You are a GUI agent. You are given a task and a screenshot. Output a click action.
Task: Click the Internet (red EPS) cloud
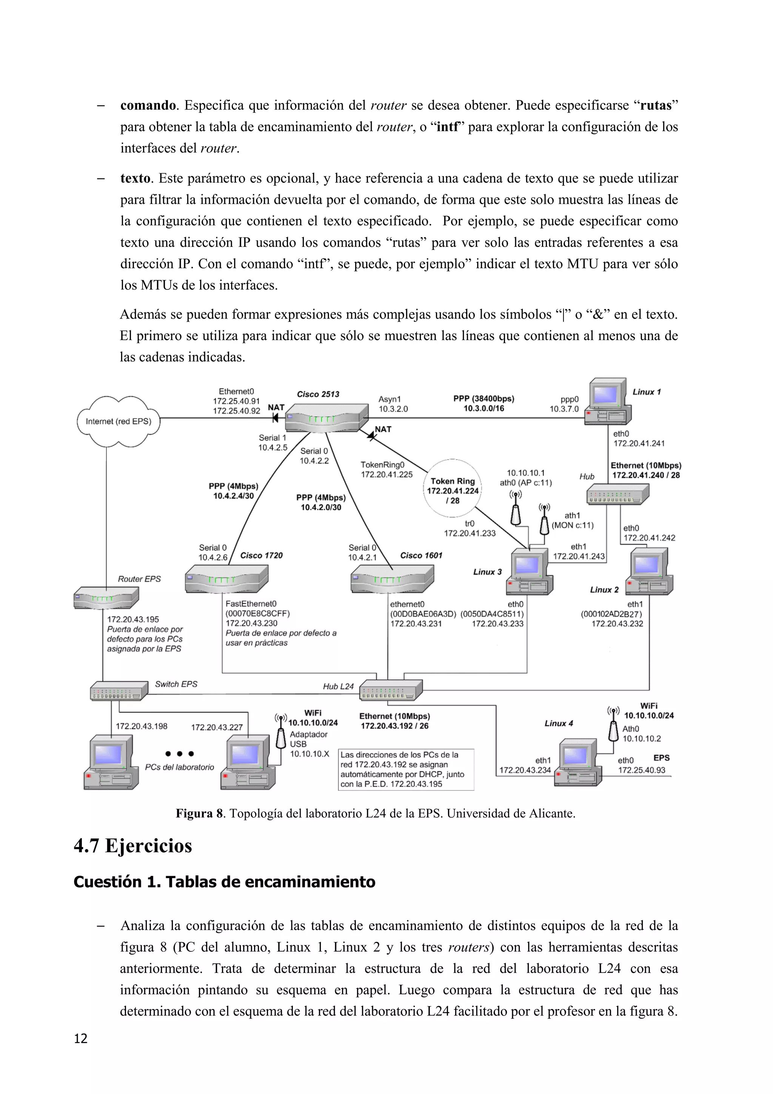click(118, 421)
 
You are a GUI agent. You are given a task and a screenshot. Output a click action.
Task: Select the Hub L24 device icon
click(391, 690)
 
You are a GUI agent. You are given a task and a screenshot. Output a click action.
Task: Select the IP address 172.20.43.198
click(142, 726)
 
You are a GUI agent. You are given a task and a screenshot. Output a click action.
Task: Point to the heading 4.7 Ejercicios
click(133, 846)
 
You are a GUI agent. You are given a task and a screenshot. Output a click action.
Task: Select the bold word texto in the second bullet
click(135, 178)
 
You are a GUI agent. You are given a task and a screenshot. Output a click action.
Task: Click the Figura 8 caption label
click(199, 814)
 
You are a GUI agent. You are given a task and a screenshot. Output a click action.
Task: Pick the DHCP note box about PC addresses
click(406, 769)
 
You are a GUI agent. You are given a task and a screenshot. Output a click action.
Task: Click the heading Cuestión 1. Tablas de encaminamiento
click(224, 882)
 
